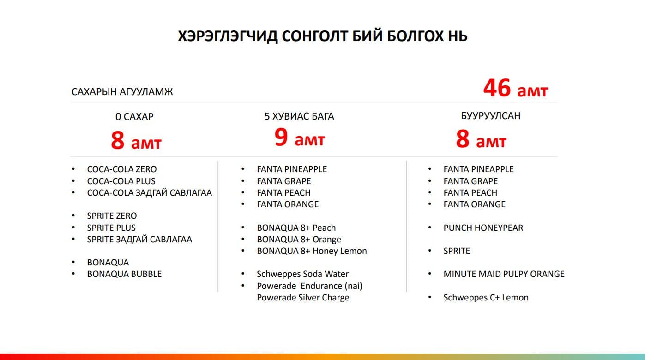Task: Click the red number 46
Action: click(x=497, y=88)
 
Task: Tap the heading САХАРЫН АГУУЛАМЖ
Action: click(x=122, y=92)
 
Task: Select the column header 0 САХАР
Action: click(x=134, y=117)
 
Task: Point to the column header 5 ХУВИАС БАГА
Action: click(x=299, y=116)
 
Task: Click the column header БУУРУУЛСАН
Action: click(x=491, y=116)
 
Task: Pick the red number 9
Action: click(x=281, y=137)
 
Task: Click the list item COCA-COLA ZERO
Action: click(x=122, y=169)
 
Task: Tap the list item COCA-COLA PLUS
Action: click(x=121, y=181)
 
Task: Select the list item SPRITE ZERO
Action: click(x=112, y=216)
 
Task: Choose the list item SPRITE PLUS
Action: click(x=111, y=228)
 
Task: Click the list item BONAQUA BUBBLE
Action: click(x=124, y=274)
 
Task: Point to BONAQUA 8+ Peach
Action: click(x=296, y=228)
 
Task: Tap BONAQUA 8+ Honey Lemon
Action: click(x=312, y=251)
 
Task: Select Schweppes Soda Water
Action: click(x=302, y=274)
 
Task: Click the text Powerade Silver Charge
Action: click(x=303, y=298)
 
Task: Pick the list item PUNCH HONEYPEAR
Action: click(x=483, y=228)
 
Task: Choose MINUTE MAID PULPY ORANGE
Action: click(x=504, y=274)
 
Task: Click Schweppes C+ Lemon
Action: click(x=486, y=298)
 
